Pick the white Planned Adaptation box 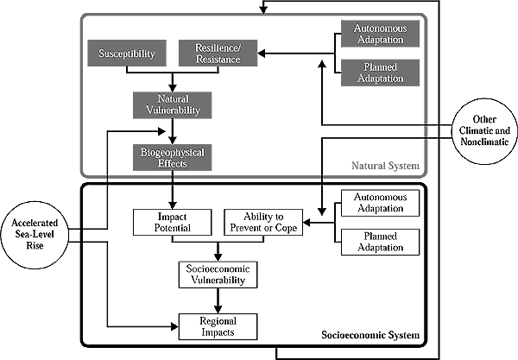381,243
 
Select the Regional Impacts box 218,325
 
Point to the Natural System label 385,164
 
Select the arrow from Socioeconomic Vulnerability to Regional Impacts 218,301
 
